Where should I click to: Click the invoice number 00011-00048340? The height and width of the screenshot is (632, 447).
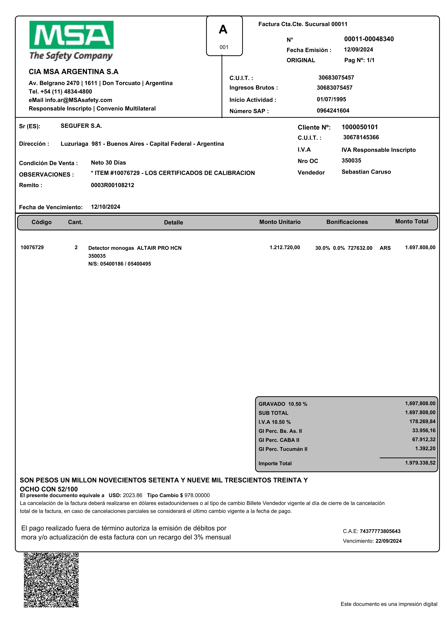coord(369,39)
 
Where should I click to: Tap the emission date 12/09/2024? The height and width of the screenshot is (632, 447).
coord(358,50)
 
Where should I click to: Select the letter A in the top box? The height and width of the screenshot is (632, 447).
coord(223,29)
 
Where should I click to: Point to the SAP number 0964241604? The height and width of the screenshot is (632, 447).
coord(333,111)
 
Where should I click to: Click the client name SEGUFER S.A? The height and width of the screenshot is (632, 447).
coord(81,126)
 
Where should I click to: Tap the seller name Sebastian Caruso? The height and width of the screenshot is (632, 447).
coord(366,172)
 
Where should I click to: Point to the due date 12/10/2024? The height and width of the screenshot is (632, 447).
coord(105,207)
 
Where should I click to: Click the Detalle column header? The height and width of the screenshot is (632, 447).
coord(173,222)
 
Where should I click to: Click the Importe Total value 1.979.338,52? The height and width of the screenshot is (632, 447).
coord(420,463)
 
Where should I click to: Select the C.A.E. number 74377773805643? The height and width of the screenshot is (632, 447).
coord(380,531)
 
